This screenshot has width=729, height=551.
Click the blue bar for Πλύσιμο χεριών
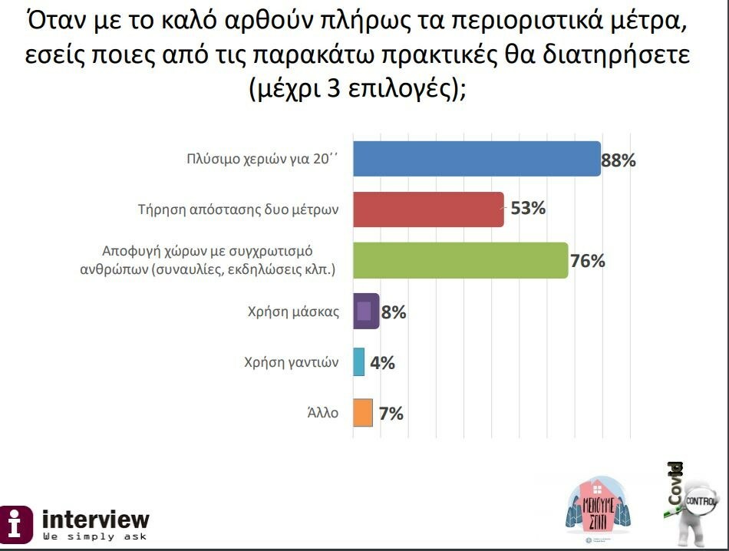pos(476,159)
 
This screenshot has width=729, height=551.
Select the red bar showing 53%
pos(427,210)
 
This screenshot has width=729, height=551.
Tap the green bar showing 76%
pos(460,260)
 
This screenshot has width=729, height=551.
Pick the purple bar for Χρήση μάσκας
pos(365,311)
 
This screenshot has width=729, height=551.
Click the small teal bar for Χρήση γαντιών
pos(358,361)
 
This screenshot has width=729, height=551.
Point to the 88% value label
pos(618,160)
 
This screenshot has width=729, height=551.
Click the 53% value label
pos(528,208)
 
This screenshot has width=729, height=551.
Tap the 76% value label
pos(588,260)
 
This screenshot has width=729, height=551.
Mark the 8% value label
pos(393,312)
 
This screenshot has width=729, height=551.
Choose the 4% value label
pos(382,362)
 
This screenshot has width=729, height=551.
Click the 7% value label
pos(391,413)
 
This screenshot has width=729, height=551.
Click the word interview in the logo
pos(96,518)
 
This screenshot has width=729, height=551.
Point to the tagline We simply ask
pos(94,536)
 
